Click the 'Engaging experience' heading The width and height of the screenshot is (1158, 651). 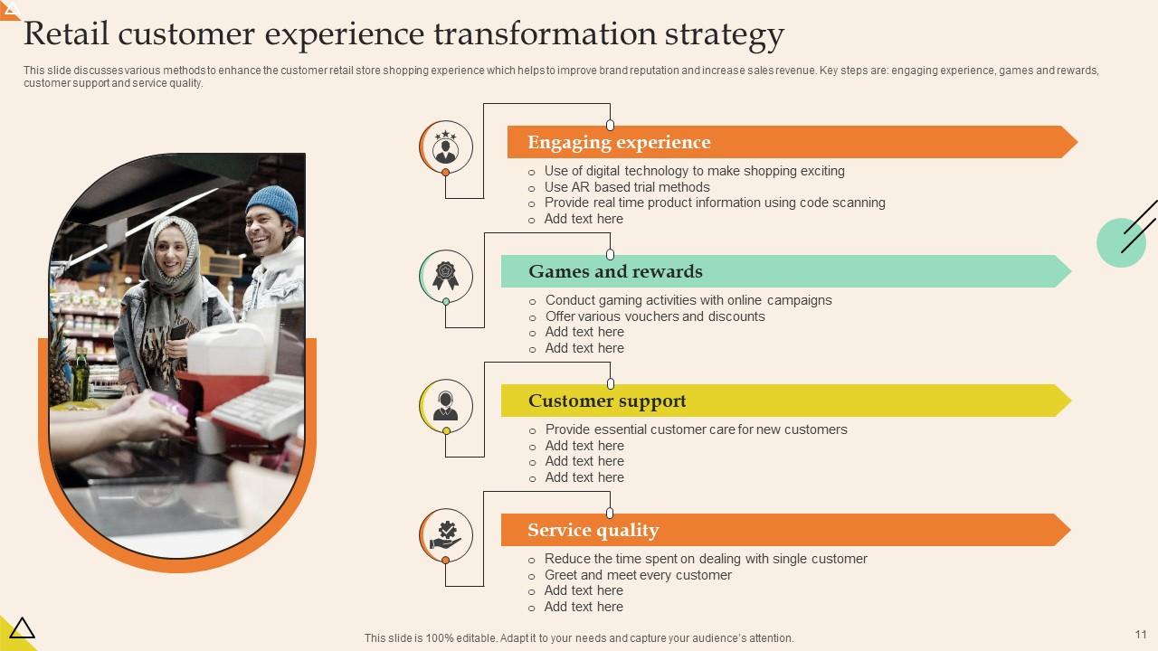click(619, 142)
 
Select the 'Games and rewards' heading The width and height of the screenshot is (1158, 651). click(615, 271)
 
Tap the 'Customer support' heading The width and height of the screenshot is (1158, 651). click(607, 401)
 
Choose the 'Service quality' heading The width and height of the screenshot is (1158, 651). click(593, 530)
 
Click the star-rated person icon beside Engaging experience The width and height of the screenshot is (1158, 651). click(445, 146)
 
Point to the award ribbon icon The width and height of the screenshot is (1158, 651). click(445, 276)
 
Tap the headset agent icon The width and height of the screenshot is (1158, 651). click(445, 405)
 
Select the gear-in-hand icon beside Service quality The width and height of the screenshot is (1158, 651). click(445, 534)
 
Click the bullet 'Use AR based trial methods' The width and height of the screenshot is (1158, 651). click(626, 187)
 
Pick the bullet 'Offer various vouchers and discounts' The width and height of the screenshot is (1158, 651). click(654, 316)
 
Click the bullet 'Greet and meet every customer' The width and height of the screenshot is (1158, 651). click(637, 575)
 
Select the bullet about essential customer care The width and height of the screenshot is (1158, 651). click(696, 429)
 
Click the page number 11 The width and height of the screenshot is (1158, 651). click(1140, 635)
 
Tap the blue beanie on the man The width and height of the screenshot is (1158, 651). click(272, 203)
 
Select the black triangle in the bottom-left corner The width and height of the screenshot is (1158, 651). click(21, 627)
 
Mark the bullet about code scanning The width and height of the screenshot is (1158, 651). click(714, 203)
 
